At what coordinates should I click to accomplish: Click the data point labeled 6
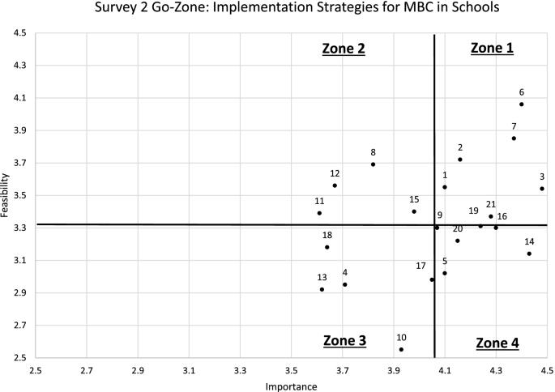522,104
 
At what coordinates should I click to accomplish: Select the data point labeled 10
401,350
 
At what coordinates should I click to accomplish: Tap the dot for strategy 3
542,189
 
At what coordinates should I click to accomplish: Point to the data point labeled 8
374,164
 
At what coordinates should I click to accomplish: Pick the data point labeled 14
529,254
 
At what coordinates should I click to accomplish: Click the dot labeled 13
322,289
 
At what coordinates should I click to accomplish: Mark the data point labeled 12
335,185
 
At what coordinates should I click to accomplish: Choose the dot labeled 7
514,138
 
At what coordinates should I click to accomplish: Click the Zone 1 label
492,49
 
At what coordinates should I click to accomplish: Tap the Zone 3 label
344,340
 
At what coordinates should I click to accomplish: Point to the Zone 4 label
497,343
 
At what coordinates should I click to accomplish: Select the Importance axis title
291,386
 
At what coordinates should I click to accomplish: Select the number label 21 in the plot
491,205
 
